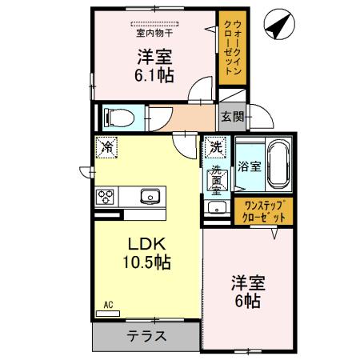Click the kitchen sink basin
[x=150, y=196]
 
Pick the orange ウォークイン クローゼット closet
[x=230, y=49]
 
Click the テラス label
[x=147, y=336]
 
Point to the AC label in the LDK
[x=108, y=305]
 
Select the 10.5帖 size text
[x=146, y=261]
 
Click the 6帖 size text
[x=248, y=301]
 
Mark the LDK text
[x=146, y=243]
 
